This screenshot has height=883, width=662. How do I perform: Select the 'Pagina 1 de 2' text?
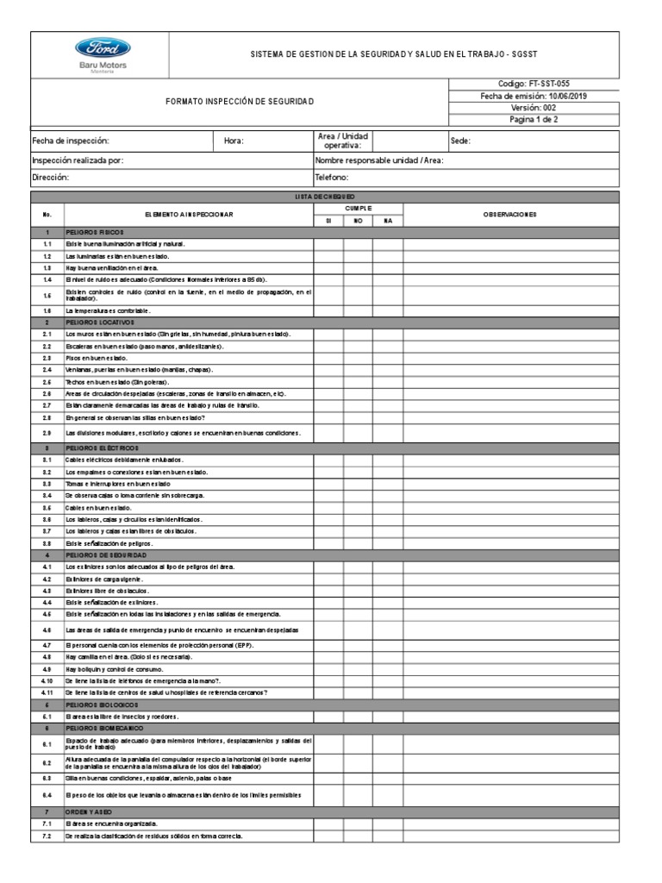[x=534, y=120]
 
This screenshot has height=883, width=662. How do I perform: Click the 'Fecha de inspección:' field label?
[x=71, y=141]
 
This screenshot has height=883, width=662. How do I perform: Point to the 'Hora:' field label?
[x=234, y=141]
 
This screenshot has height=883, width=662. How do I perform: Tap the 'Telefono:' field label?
[x=332, y=177]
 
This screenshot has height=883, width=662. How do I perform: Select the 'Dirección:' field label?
[x=50, y=177]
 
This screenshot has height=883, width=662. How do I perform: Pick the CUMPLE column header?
[x=359, y=208]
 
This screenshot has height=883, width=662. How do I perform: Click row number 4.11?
[x=47, y=692]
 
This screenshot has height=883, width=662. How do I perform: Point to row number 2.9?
[x=47, y=432]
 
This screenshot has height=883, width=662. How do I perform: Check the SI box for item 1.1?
[x=328, y=245]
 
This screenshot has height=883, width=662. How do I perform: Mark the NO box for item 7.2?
[x=358, y=836]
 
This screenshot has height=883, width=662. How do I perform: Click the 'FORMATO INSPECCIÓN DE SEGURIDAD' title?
[x=240, y=102]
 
